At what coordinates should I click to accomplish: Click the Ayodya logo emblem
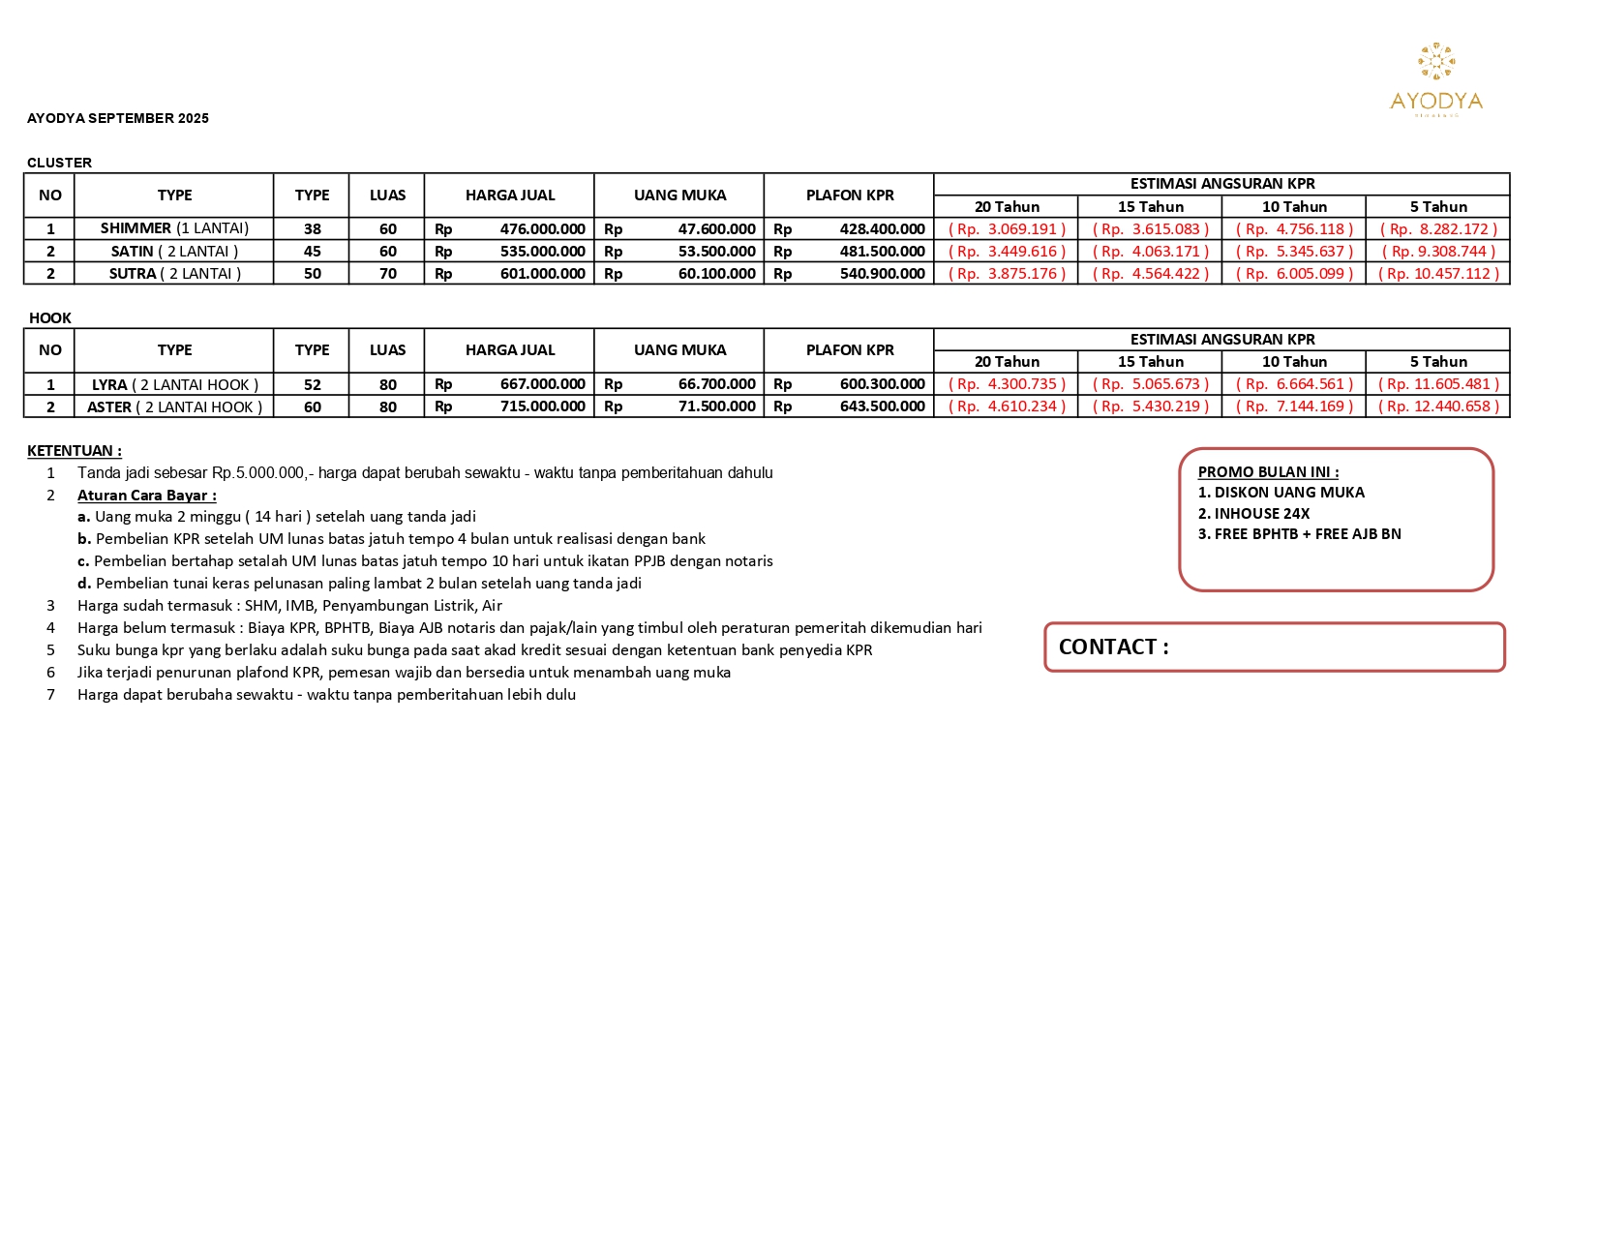coord(1436,61)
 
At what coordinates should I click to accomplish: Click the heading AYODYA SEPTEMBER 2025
coord(118,118)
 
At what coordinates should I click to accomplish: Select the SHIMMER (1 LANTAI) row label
coord(174,228)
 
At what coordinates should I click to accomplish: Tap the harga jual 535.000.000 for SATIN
coord(542,252)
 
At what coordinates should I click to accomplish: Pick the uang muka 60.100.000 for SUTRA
coord(716,274)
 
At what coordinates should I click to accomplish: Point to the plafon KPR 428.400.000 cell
coord(882,229)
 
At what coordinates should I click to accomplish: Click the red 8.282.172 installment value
coord(1438,229)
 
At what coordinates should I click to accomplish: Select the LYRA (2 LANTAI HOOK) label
coord(174,384)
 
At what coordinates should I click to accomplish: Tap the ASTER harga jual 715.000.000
coord(542,406)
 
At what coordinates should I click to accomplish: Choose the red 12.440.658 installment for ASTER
coord(1438,406)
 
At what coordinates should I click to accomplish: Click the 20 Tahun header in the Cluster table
coord(1007,207)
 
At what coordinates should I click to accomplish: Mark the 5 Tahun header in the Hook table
coord(1438,362)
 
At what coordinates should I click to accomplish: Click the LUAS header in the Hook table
coord(387,350)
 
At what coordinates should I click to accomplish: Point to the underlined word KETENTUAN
coord(74,451)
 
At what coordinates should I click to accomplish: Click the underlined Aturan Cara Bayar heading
coord(147,496)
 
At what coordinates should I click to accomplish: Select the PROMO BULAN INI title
coord(1268,472)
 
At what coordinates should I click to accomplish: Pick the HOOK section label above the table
coord(50,318)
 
